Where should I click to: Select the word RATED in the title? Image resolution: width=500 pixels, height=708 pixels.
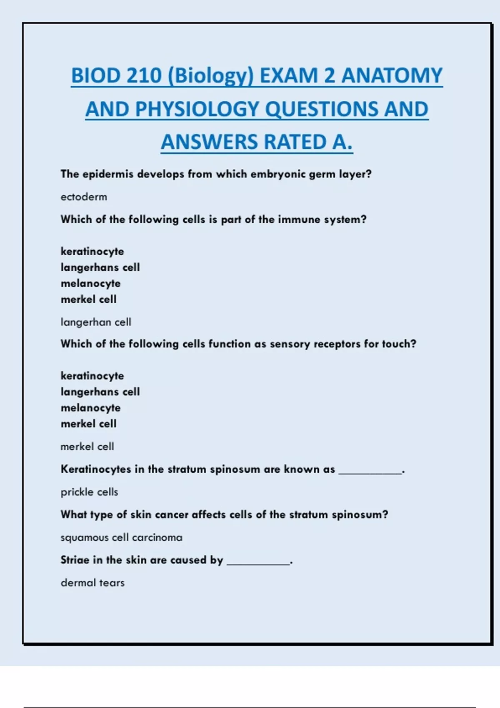point(295,142)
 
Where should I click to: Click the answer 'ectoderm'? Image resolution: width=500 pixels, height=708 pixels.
point(84,197)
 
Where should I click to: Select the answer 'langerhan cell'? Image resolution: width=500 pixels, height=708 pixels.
point(96,322)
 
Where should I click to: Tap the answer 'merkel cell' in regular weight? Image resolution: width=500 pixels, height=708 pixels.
point(87,446)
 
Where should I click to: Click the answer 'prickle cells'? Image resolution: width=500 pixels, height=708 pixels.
point(89,492)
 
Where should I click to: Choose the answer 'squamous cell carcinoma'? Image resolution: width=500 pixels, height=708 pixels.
point(121,537)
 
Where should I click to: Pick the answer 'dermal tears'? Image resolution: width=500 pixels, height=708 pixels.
point(92,583)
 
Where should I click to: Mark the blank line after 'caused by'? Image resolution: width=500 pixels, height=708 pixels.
point(258,563)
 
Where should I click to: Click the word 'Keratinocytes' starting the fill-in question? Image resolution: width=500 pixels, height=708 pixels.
point(96,469)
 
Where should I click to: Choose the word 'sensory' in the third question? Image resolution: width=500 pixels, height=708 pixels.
point(290,344)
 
